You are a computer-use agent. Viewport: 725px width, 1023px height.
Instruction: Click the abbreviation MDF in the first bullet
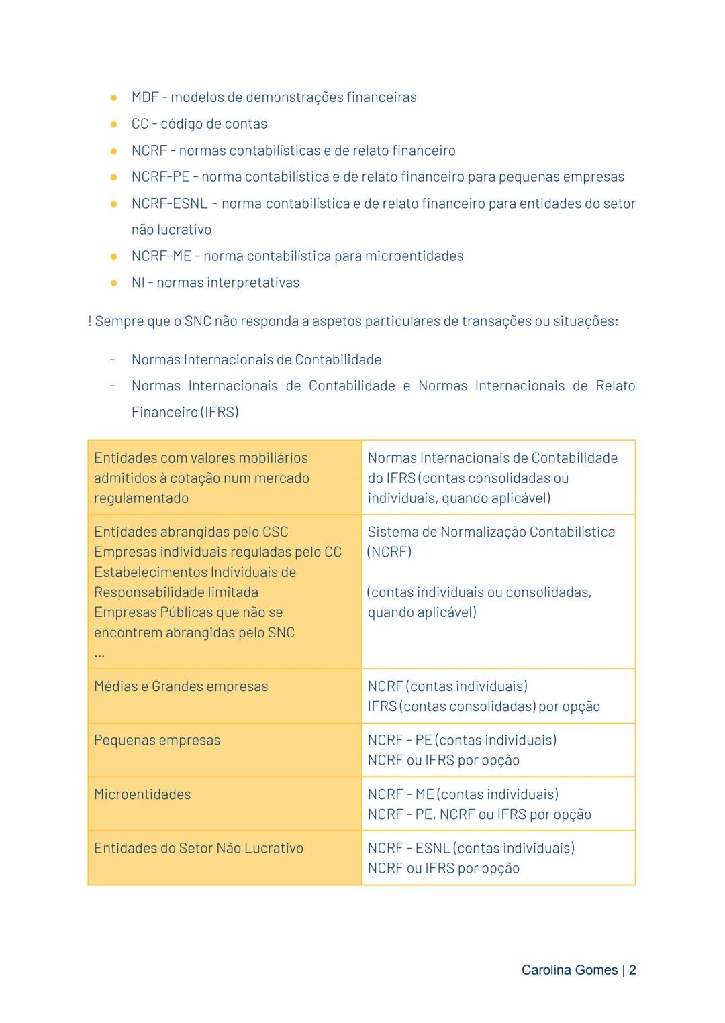point(145,97)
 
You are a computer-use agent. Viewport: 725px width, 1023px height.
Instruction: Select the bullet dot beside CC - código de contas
point(114,124)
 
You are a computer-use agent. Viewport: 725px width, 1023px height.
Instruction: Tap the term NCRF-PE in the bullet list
point(160,177)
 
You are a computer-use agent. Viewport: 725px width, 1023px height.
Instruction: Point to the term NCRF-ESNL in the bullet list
point(169,203)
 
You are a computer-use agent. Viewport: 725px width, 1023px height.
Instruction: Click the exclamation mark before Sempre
point(90,321)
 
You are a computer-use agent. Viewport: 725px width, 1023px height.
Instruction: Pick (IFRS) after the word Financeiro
point(219,412)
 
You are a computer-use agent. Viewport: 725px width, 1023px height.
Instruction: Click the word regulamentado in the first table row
point(141,498)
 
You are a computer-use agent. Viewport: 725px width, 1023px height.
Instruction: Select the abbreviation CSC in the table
point(275,532)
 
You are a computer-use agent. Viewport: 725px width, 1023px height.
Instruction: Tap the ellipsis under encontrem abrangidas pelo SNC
point(99,654)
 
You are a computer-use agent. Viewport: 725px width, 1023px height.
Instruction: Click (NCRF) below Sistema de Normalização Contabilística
point(389,552)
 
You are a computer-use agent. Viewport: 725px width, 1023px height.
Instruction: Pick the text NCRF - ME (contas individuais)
point(463,794)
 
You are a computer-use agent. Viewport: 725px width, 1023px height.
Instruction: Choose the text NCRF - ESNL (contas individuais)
point(471,848)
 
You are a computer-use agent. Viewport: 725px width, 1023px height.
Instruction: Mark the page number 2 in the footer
point(632,970)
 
